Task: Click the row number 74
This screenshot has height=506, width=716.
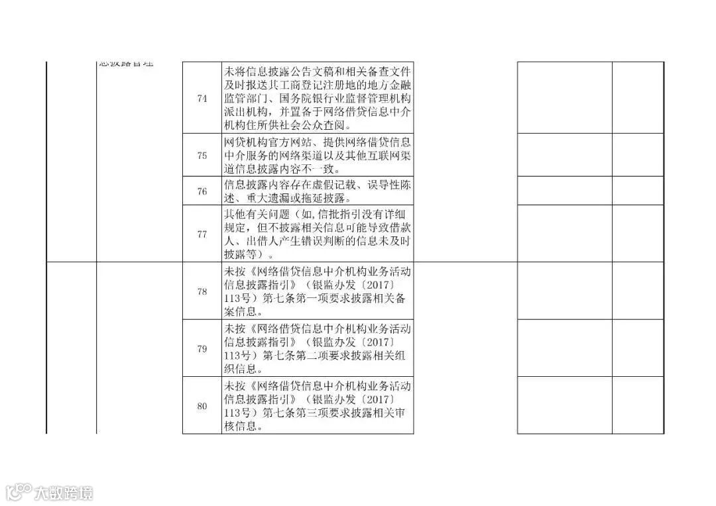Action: tap(202, 98)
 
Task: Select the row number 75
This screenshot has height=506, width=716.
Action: tap(202, 156)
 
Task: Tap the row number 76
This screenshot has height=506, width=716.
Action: tap(202, 191)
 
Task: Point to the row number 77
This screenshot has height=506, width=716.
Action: tap(202, 234)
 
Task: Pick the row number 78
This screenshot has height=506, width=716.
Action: tap(202, 291)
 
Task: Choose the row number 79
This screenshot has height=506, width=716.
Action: tap(202, 348)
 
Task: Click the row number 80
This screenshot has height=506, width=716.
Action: tap(202, 405)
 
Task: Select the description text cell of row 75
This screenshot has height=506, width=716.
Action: tap(318, 156)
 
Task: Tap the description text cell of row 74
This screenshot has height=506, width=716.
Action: tap(318, 98)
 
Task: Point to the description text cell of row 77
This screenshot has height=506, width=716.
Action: tap(318, 234)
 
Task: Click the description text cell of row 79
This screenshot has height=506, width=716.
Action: tap(318, 348)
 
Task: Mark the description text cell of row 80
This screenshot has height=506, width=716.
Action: tap(318, 405)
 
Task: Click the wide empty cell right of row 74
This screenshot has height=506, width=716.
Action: tap(564, 98)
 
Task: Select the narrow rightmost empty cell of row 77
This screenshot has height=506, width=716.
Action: tap(637, 234)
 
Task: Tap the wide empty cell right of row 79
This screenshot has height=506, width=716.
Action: tap(564, 348)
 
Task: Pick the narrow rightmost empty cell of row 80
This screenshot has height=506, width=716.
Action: tap(637, 405)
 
